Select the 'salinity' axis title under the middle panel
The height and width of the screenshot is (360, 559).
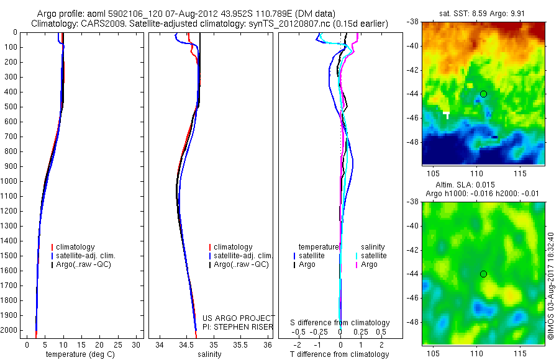point(210,354)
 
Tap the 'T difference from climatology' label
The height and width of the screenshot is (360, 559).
point(339,354)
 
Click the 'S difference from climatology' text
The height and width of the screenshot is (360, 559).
point(340,323)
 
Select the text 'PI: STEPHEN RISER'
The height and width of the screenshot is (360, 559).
point(239,327)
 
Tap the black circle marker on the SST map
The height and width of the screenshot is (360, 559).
point(483,94)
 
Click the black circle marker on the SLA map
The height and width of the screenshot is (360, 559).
point(483,274)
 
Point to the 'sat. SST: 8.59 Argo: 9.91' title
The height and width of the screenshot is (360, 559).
point(483,12)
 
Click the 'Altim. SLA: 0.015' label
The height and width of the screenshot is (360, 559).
point(483,186)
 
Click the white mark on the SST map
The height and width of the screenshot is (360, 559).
point(446,114)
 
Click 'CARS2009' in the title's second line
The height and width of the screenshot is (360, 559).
point(93,24)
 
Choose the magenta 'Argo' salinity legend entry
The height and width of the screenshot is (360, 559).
point(369,264)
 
